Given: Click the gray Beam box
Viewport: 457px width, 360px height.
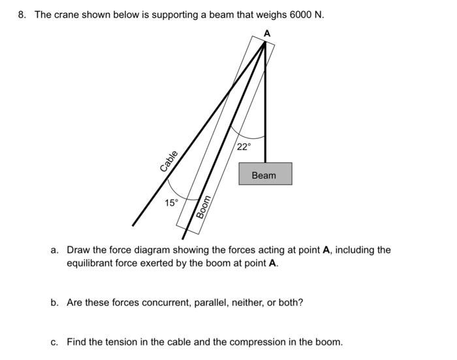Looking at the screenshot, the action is click(x=264, y=175).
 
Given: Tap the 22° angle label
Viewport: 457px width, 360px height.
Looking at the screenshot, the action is click(x=243, y=147).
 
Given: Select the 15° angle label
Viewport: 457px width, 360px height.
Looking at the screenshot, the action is click(x=171, y=203).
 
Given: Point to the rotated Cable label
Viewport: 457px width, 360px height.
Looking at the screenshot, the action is click(x=169, y=160).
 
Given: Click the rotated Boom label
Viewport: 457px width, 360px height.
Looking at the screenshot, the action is click(x=205, y=208).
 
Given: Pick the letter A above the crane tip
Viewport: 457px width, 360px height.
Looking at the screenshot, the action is click(x=266, y=33).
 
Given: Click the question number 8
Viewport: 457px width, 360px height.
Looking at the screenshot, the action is click(x=22, y=14).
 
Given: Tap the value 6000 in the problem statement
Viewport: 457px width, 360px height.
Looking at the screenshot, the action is click(x=291, y=14).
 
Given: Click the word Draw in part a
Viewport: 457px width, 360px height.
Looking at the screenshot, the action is click(x=79, y=250).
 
